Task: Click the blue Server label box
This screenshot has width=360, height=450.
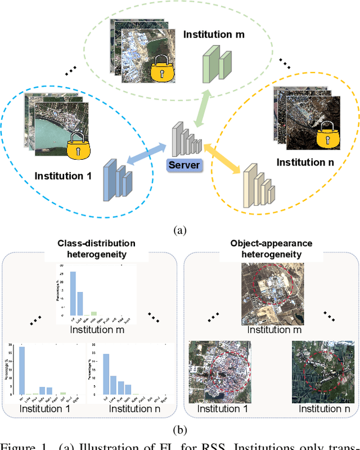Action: point(184,165)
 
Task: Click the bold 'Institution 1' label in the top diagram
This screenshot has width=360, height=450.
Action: point(63,176)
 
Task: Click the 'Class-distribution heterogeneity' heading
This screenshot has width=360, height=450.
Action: point(97,249)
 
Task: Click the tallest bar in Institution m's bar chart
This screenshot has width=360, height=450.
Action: point(73,293)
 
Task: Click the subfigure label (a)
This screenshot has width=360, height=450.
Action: point(179,230)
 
